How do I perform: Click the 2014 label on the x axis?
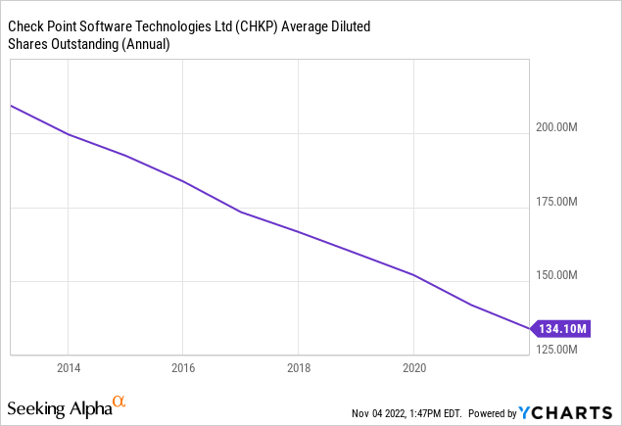pyautogui.click(x=68, y=368)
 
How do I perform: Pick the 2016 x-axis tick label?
pyautogui.click(x=183, y=368)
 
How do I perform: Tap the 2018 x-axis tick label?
pyautogui.click(x=299, y=368)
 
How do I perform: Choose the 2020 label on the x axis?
pyautogui.click(x=414, y=368)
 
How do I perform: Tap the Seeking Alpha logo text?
pyautogui.click(x=58, y=406)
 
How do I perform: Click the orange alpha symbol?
pyautogui.click(x=119, y=402)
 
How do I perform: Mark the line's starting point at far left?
pyautogui.click(x=10, y=105)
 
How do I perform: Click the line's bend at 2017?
pyautogui.click(x=241, y=212)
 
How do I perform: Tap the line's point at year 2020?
pyautogui.click(x=414, y=275)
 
